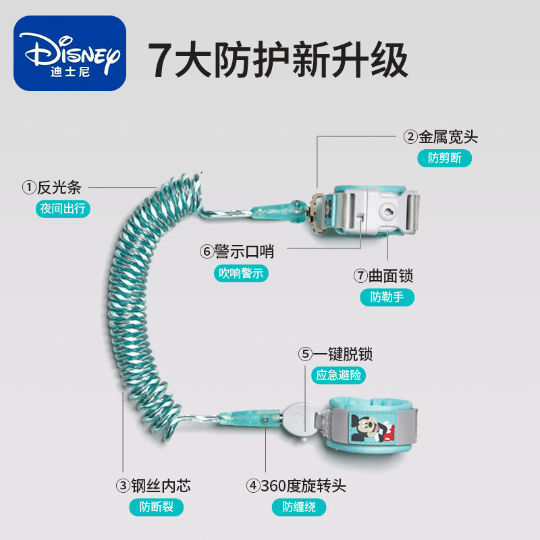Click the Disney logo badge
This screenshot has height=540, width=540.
coord(70,53)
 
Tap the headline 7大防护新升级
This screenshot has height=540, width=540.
coord(278,60)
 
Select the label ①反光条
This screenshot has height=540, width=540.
coord(52,188)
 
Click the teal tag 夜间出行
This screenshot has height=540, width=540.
coord(63,209)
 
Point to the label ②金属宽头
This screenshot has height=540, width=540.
coord(441,137)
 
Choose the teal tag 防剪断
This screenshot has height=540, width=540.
coord(445,158)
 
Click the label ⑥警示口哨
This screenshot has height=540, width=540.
coord(237,251)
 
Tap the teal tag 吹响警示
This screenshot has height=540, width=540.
coord(241,273)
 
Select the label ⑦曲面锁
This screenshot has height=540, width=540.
coord(383,276)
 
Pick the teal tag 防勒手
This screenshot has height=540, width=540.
coord(387,297)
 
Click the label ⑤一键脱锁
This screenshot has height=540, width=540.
coord(335,354)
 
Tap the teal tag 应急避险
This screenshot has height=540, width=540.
coord(339,375)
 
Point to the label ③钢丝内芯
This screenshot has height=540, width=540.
coord(153,486)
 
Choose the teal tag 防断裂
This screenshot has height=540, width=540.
coord(157,508)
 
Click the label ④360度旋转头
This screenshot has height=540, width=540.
coord(296,486)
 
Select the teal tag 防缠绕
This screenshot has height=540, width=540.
coord(299,508)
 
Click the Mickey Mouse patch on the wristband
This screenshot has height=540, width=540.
coord(374,427)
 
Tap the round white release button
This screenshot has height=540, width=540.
coord(298,419)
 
